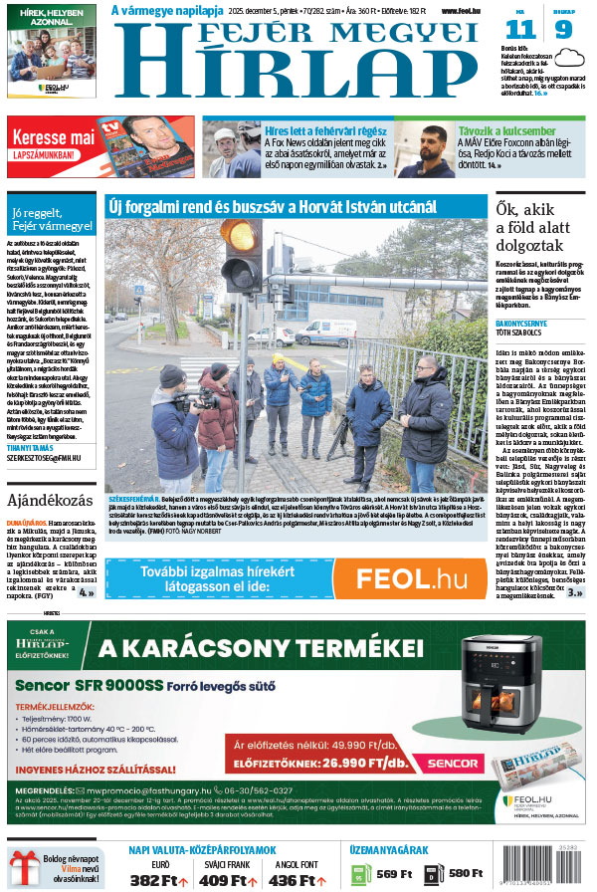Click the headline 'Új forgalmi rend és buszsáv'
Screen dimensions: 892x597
point(272,206)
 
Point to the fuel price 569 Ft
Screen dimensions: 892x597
point(395,875)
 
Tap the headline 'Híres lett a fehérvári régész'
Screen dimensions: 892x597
point(324,130)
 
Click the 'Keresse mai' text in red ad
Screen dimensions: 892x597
point(54,135)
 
